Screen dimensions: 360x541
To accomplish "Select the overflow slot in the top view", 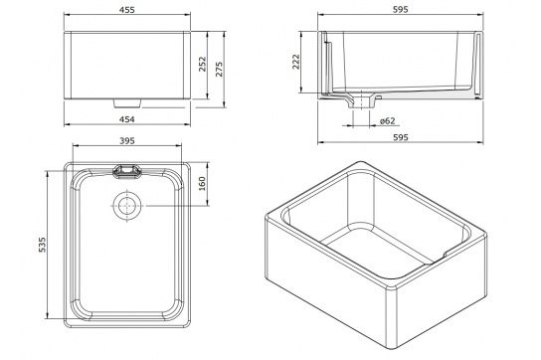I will [x=126, y=170].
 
